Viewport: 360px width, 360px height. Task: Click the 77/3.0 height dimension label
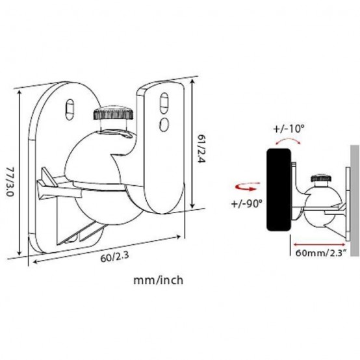click(10, 181)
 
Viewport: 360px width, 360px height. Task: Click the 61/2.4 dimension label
click(201, 148)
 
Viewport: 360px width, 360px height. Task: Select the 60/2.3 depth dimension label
click(114, 257)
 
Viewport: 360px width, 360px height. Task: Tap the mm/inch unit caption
click(159, 280)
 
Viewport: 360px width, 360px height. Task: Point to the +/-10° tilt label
click(289, 129)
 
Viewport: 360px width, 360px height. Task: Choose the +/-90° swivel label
click(246, 203)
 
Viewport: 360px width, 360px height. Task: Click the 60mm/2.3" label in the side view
click(320, 253)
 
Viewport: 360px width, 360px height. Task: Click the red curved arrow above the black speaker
click(288, 140)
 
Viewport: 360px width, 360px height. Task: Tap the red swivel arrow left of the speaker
click(248, 186)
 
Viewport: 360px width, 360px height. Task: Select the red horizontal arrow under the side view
click(319, 244)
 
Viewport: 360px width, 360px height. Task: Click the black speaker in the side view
click(279, 190)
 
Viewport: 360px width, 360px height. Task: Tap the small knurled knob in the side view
click(321, 178)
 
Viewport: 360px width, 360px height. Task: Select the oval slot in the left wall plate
click(70, 109)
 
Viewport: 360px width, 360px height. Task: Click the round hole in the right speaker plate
click(164, 124)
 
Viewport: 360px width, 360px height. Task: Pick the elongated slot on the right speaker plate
click(164, 103)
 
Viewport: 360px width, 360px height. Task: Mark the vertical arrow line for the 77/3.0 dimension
click(19, 173)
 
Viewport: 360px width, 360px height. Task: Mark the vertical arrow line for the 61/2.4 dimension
click(192, 143)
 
